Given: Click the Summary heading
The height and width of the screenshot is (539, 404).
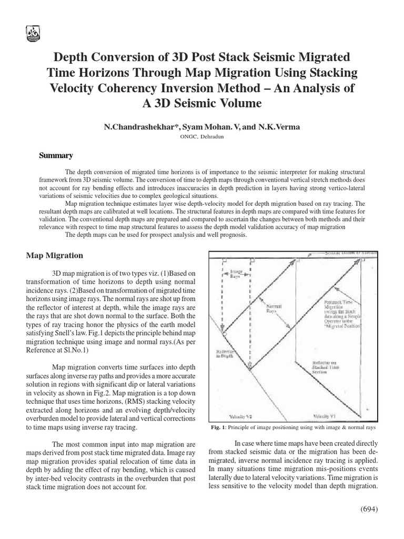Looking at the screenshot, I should [x=56, y=155].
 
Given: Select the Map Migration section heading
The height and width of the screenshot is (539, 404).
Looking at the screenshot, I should [x=55, y=255].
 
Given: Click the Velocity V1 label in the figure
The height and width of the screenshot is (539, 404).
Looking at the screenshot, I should [x=325, y=416].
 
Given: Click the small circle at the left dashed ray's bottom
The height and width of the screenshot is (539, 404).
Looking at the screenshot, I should [x=225, y=333].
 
